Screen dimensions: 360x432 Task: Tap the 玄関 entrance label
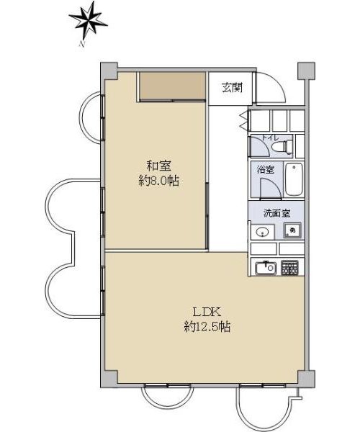tap(232, 88)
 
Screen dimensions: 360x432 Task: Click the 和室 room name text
tap(158, 166)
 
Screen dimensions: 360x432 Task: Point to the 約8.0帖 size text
tap(158, 181)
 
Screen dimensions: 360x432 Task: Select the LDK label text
tap(207, 312)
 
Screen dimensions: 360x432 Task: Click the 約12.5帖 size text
tap(207, 327)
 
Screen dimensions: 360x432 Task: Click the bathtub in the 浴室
tap(294, 179)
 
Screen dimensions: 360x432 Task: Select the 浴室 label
tap(266, 169)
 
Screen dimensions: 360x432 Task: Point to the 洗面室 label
tap(276, 213)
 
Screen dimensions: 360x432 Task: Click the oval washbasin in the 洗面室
tap(262, 232)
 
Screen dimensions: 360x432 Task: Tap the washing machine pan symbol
tap(292, 230)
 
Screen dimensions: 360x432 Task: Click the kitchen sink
tap(266, 267)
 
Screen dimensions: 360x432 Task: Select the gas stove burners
tap(289, 267)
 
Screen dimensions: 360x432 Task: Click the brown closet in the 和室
tap(172, 86)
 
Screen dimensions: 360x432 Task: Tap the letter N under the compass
tap(81, 44)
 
